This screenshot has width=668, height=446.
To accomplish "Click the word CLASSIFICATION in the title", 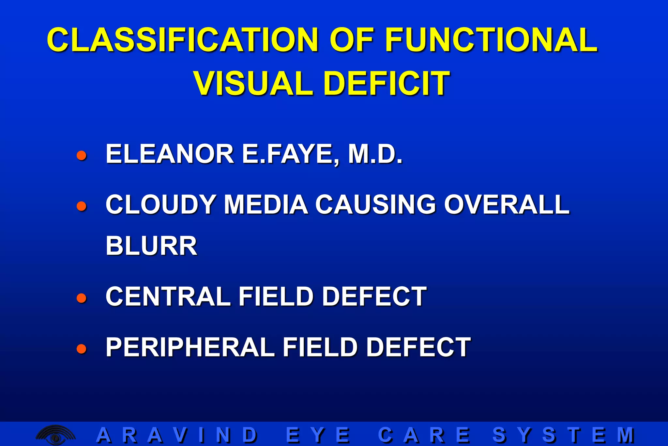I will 183,40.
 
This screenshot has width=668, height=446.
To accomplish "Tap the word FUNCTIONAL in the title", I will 491,40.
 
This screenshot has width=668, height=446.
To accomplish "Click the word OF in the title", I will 352,40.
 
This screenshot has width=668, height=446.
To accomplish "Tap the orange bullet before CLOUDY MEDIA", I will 82,206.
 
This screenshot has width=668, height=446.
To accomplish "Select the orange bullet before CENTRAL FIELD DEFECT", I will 82,298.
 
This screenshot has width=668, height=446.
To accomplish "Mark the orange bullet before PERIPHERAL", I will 82,348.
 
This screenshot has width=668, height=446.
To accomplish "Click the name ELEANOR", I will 170,154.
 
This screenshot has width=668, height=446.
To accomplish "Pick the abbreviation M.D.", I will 375,154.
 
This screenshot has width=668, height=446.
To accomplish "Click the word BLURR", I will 151,246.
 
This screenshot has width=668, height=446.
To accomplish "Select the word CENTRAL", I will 168,296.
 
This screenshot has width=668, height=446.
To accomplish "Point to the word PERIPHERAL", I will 190,347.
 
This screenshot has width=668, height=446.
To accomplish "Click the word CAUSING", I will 375,205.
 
